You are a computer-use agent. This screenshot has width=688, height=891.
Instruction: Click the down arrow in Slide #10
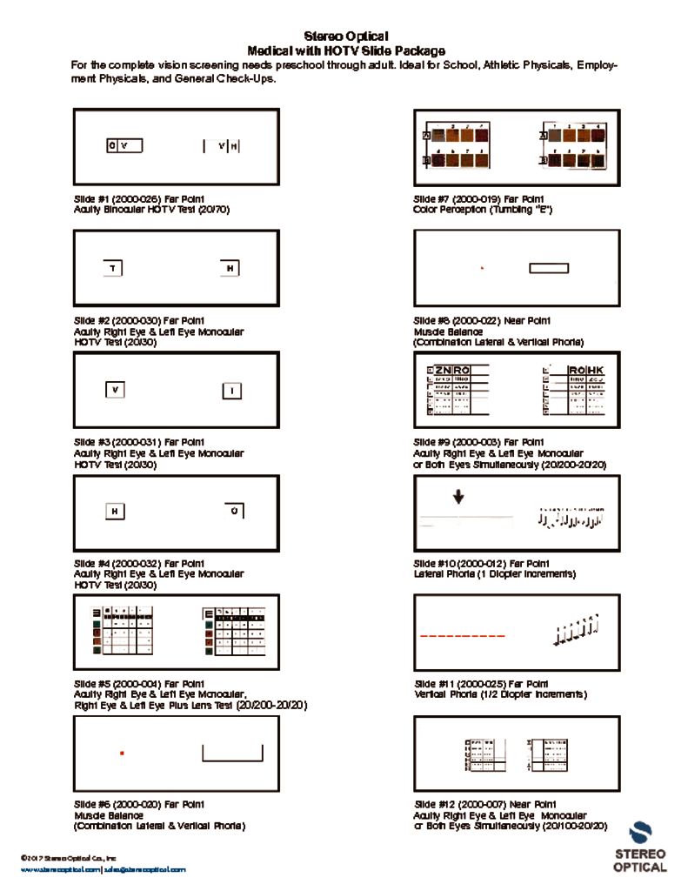click(x=458, y=497)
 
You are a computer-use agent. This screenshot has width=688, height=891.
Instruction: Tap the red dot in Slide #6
click(x=122, y=752)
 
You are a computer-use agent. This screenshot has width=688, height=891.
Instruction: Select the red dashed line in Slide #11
click(x=462, y=636)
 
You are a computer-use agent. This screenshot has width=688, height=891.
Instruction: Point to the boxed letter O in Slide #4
click(x=233, y=510)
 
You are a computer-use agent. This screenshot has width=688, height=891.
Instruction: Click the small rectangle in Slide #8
click(x=549, y=267)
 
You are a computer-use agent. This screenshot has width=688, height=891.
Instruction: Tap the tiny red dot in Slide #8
click(x=482, y=268)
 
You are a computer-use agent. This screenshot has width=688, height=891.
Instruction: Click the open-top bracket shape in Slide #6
click(x=232, y=754)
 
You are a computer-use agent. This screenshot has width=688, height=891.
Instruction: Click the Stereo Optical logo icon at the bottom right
click(x=640, y=834)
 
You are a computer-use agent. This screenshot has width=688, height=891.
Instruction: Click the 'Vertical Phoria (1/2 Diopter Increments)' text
click(x=500, y=694)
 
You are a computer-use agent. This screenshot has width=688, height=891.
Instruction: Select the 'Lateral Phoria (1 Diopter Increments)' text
click(x=494, y=574)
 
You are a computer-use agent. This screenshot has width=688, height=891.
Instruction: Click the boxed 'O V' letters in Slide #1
click(x=124, y=145)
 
